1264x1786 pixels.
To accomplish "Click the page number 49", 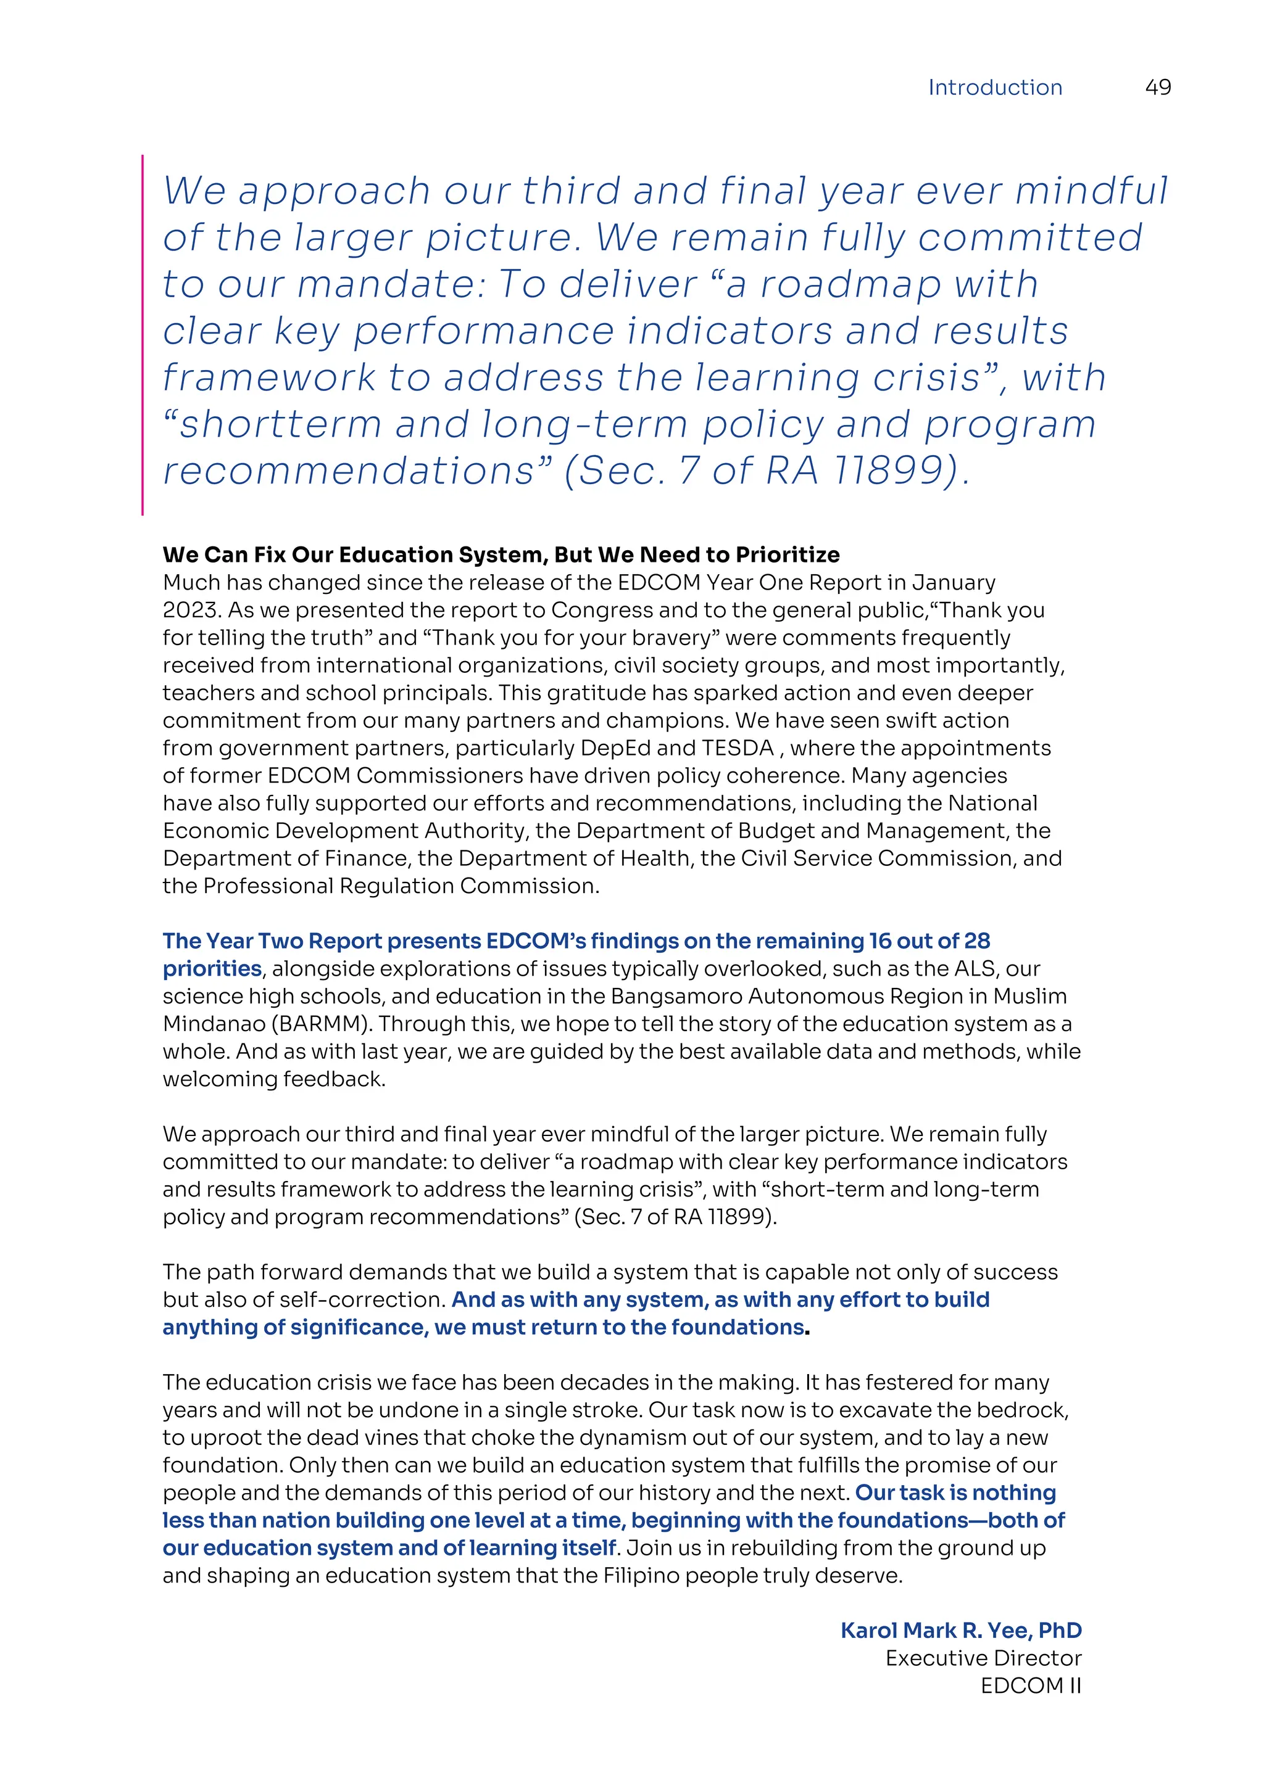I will pos(1157,87).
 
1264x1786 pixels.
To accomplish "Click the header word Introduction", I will pos(995,87).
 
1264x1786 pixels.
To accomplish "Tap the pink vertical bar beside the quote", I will pos(143,334).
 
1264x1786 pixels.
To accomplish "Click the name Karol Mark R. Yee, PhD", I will pos(960,1631).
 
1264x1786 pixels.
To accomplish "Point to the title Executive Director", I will pos(983,1658).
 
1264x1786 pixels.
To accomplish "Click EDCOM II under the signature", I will pos(1031,1685).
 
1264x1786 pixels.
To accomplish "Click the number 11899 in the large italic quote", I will pos(894,471).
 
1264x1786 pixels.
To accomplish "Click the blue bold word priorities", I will pos(212,968).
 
